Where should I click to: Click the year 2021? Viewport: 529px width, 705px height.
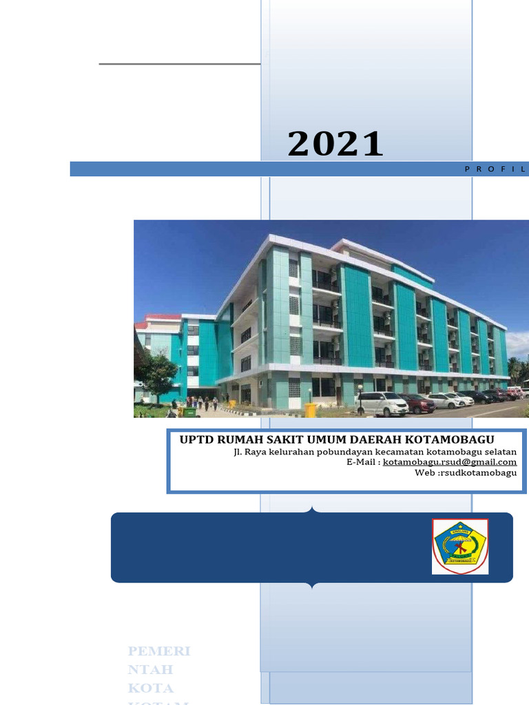point(335,145)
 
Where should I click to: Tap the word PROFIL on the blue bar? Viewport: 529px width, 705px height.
point(495,169)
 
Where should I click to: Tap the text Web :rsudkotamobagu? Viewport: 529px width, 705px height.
point(465,472)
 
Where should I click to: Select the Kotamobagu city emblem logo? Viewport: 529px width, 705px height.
point(459,547)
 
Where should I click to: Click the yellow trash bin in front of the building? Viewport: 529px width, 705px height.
point(311,410)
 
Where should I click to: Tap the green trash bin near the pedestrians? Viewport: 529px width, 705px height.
point(188,412)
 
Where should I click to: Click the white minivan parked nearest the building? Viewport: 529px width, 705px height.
point(382,404)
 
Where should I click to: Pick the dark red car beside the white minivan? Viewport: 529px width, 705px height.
point(417,403)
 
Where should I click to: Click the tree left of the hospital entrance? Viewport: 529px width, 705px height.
point(158,375)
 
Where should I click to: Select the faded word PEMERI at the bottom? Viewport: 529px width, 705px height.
point(159,651)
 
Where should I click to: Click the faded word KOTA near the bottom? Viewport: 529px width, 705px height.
point(151,688)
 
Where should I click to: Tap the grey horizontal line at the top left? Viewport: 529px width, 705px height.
point(179,64)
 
